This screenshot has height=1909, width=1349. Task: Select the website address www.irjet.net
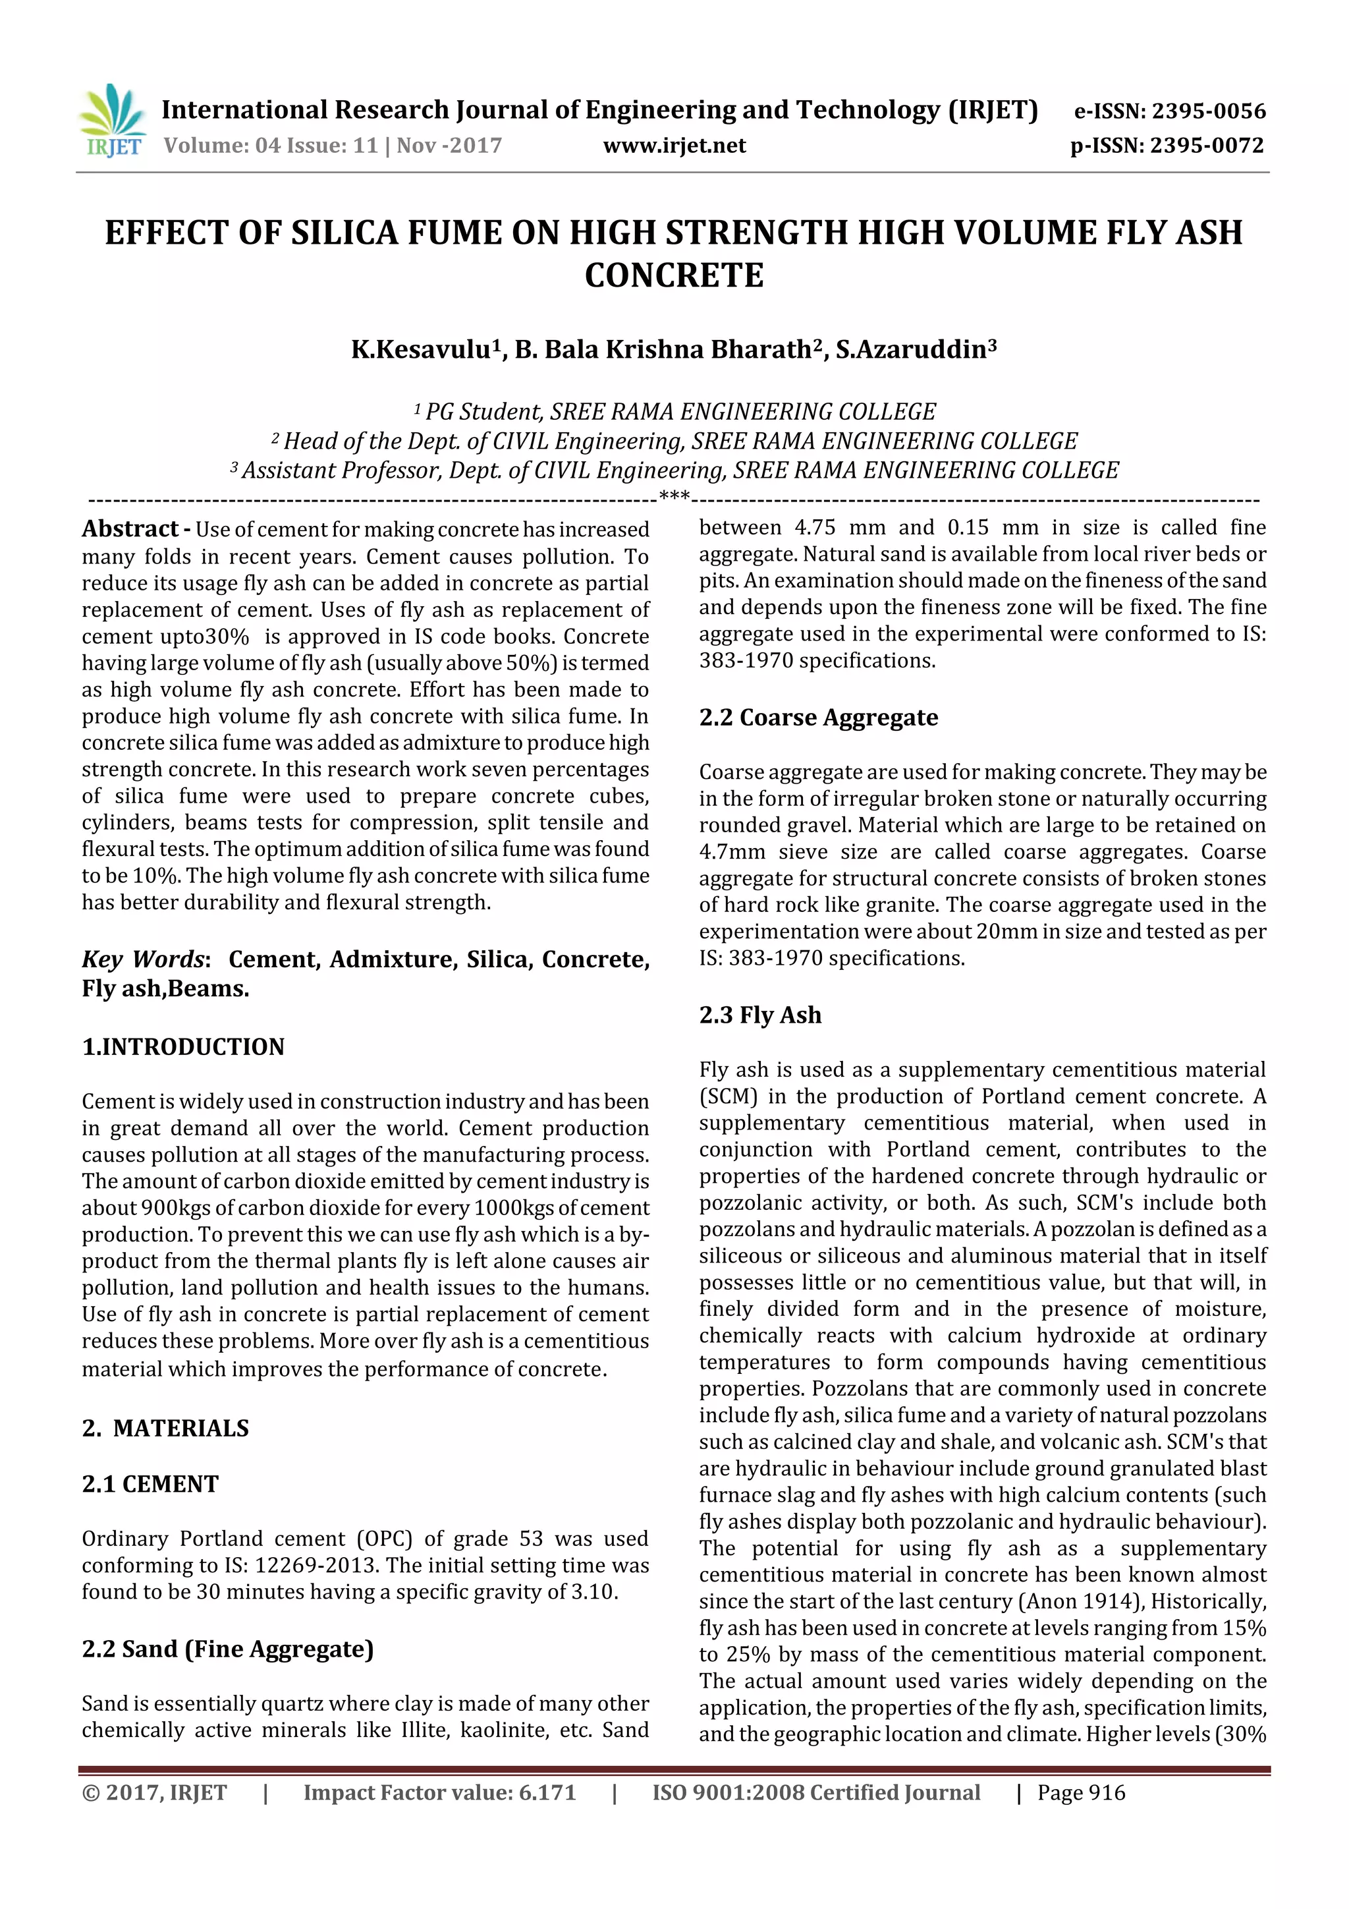[674, 146]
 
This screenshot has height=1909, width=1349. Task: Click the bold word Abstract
[130, 528]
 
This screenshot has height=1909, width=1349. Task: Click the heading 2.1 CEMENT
[150, 1483]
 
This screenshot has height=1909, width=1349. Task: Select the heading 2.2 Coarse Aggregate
[818, 717]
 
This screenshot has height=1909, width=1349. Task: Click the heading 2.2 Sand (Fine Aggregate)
[228, 1648]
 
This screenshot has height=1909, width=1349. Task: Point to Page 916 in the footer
[1080, 1792]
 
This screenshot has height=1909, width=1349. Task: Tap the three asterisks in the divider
[674, 498]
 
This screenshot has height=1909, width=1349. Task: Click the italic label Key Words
[143, 959]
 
